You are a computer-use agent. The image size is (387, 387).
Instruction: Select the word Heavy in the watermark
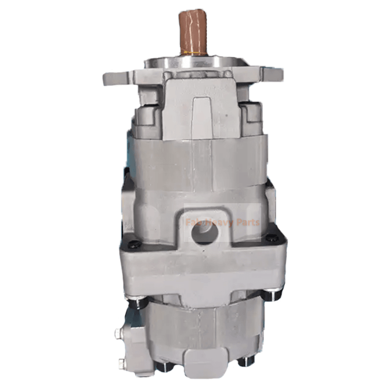220,223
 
